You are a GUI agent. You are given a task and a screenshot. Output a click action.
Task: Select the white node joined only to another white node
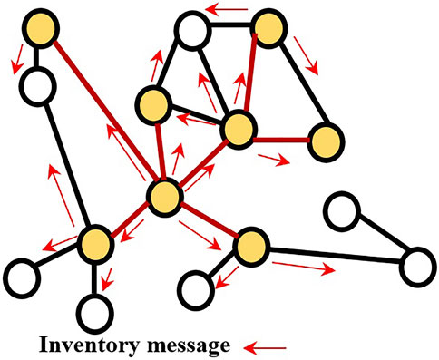pos(341,211)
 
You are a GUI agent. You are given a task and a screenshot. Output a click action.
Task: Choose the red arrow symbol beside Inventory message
pos(268,345)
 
